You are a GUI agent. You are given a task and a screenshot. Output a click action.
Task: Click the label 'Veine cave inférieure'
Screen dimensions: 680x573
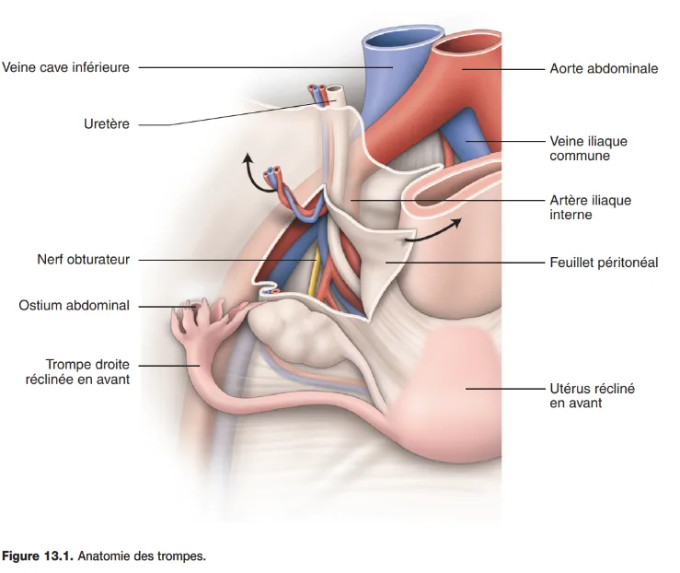(65, 66)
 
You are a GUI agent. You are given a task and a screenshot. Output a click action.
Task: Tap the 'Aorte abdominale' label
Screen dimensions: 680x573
(604, 68)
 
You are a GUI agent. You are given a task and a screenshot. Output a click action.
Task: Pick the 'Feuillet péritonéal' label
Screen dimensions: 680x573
(604, 263)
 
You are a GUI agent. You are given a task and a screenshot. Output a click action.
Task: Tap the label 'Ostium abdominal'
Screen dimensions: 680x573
(75, 305)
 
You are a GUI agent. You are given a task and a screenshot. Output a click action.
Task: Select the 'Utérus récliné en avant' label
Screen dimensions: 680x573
(592, 395)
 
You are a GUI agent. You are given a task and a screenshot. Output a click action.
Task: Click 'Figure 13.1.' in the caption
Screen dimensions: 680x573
(38, 556)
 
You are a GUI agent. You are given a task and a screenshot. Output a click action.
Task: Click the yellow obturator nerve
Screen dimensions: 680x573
(317, 272)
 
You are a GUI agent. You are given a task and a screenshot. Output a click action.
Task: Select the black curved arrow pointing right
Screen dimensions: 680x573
(432, 231)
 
